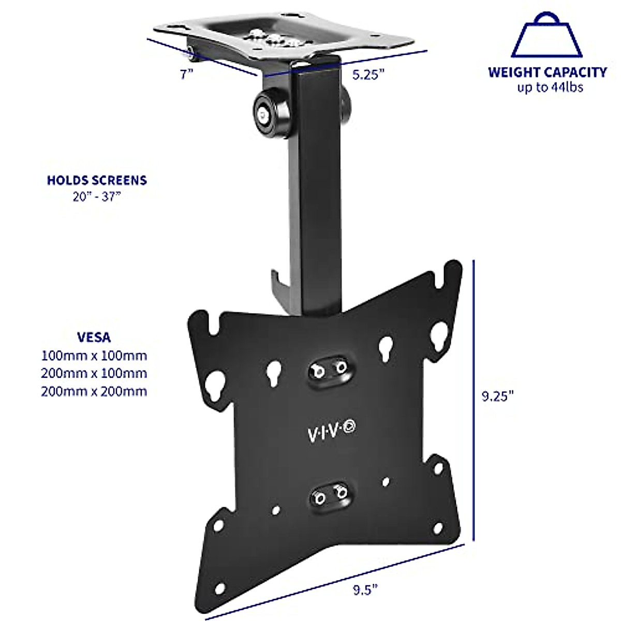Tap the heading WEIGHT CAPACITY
coord(547,72)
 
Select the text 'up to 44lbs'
coord(550,87)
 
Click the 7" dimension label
coord(187,75)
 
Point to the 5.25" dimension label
coord(368,75)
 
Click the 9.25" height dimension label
coord(497,396)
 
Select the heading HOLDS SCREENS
coord(97,180)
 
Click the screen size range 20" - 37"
coord(97,197)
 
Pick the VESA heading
coord(94,337)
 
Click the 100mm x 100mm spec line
coord(94,356)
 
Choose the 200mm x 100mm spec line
coord(94,373)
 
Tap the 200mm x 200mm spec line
coord(94,391)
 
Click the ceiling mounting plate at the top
coord(282,37)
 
